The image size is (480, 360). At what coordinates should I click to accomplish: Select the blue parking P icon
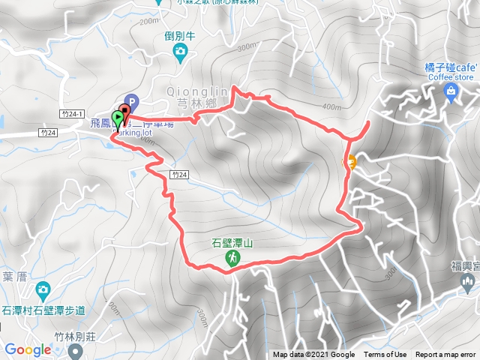[x=132, y=100]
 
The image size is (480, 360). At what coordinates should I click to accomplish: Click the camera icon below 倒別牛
[x=180, y=51]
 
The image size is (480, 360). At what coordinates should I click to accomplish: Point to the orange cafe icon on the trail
[x=350, y=160]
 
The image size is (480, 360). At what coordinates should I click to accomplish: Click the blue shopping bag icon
[x=450, y=92]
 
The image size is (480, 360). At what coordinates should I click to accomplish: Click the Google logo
[x=28, y=349]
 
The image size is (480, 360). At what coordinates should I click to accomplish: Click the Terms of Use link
[x=385, y=355]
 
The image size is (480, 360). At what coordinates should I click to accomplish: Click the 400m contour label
[x=331, y=106]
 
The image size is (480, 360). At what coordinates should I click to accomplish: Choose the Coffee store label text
[x=451, y=76]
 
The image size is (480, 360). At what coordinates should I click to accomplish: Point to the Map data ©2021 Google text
[x=313, y=355]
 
